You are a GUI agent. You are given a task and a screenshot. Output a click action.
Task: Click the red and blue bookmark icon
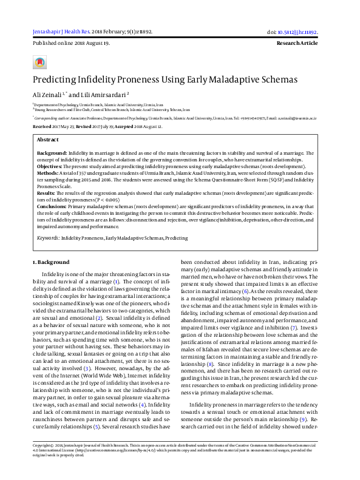pyautogui.click(x=40, y=62)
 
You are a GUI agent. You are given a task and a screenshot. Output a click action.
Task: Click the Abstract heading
pyautogui.click(x=48, y=140)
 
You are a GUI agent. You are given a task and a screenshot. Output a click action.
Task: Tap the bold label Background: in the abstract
pyautogui.click(x=52, y=154)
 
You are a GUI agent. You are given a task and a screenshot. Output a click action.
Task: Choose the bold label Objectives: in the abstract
pyautogui.click(x=50, y=166)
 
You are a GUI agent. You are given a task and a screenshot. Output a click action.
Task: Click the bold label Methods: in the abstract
pyautogui.click(x=48, y=173)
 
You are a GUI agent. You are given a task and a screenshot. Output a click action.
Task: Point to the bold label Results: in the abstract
pyautogui.click(x=47, y=192)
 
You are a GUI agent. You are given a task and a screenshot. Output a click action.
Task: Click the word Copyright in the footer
pyautogui.click(x=44, y=461)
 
